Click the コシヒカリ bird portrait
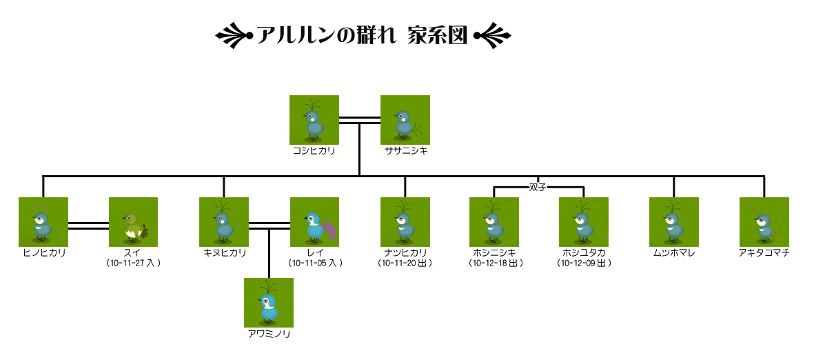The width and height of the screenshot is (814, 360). point(314,120)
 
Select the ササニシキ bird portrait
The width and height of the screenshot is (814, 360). point(405,120)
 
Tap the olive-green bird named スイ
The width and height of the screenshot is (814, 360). point(133,222)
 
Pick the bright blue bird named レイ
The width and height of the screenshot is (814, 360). point(314,222)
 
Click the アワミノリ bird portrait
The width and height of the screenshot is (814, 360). point(269,303)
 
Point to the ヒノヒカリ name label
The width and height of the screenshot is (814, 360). point(43,253)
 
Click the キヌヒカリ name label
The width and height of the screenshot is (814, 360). point(225,253)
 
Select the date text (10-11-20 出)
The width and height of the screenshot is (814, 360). point(405,263)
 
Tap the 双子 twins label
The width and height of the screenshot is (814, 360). point(538,187)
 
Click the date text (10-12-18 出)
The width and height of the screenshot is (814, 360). point(495,263)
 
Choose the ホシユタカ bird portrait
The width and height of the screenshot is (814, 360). point(584,222)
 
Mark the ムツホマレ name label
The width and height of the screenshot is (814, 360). point(674,253)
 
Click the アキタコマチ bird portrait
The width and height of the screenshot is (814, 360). point(764,222)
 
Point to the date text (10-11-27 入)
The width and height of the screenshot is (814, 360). point(134,263)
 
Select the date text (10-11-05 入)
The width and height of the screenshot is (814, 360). point(314,263)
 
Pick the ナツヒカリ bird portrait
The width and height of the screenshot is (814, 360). point(405,222)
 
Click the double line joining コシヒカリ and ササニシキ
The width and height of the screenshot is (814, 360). point(360,121)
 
